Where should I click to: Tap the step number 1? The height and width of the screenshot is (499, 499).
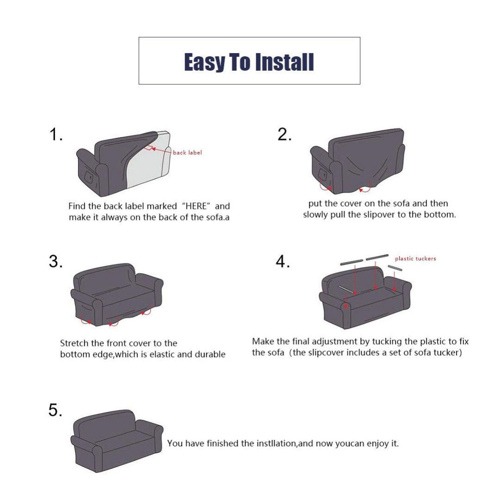click(55, 134)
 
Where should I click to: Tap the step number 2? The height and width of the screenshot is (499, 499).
click(284, 134)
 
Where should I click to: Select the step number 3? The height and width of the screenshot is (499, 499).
click(55, 262)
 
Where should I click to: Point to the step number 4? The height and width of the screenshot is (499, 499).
click(283, 262)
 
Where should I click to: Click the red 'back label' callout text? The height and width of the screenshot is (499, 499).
click(187, 152)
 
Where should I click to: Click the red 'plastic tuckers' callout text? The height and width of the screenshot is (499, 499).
click(415, 258)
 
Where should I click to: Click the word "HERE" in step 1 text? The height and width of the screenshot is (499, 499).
click(196, 206)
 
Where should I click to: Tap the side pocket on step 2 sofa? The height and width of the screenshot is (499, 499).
click(323, 176)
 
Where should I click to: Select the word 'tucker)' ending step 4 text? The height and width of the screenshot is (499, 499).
click(448, 353)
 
